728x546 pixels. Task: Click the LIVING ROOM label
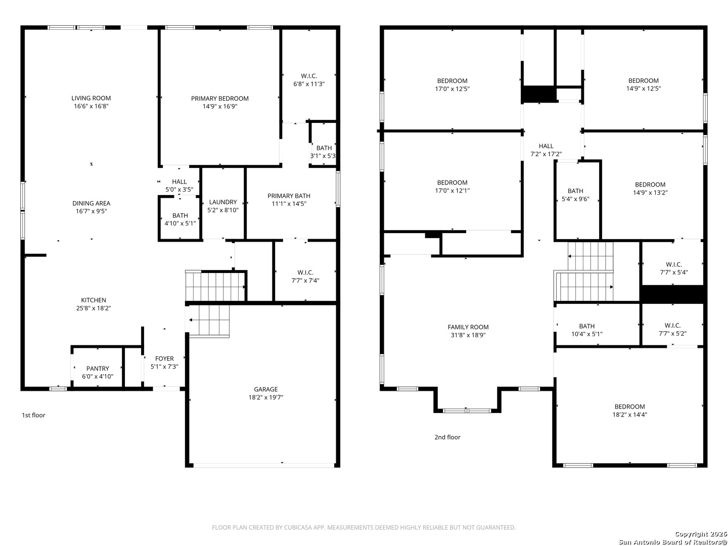tap(91, 98)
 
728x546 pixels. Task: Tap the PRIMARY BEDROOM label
tap(220, 99)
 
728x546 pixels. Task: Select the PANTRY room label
tap(98, 369)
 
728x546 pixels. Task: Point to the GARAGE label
tap(265, 389)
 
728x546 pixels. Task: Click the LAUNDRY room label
tap(223, 202)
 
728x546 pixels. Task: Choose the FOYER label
tap(164, 359)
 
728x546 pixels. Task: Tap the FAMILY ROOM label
tap(468, 327)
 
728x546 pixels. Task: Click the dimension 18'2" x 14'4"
tap(630, 415)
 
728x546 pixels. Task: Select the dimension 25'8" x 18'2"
tap(94, 308)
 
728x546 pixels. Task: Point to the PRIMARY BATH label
tap(289, 196)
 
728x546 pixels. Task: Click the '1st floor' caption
tap(33, 415)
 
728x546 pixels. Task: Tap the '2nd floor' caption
tap(447, 437)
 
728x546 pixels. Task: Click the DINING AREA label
tap(91, 203)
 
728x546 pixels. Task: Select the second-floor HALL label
tap(546, 146)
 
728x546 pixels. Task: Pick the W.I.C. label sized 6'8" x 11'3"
tap(309, 76)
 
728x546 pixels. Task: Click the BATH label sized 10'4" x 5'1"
tap(587, 326)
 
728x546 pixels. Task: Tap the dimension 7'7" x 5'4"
tap(673, 272)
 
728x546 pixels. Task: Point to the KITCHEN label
tap(94, 300)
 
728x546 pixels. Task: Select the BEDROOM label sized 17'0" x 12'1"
tap(452, 183)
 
